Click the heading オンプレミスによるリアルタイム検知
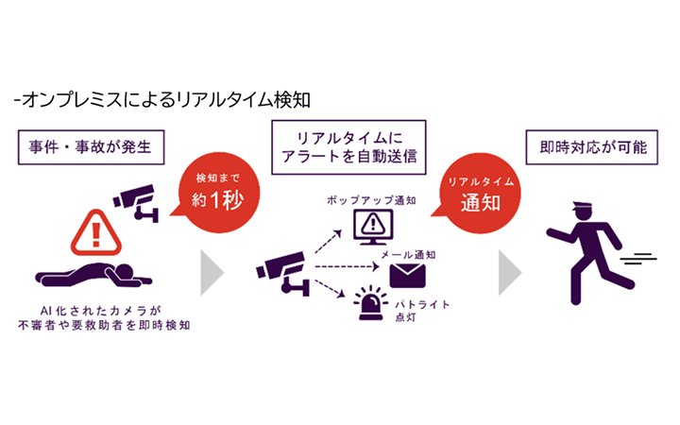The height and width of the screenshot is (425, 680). (161, 98)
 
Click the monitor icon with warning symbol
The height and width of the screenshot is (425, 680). (369, 226)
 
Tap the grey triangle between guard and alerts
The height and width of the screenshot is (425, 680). (510, 272)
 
